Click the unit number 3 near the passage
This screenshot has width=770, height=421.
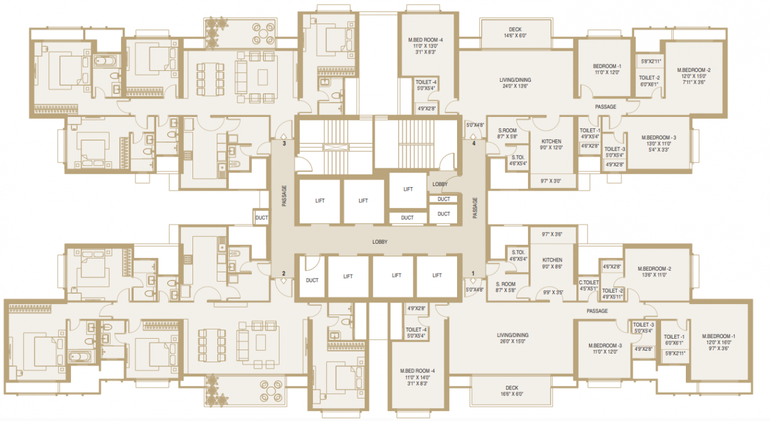point(284,143)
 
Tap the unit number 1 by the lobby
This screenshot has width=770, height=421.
point(474,274)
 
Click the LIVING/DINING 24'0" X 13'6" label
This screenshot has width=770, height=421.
point(515,83)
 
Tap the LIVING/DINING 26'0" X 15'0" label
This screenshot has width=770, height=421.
point(512,338)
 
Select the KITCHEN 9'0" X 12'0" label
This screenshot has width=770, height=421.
point(552,145)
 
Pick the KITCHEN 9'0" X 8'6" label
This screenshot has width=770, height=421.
point(552,263)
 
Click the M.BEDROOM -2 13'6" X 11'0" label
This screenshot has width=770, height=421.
point(654,272)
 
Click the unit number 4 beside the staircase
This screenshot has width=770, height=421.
point(474,143)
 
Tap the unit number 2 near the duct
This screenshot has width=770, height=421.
point(284,274)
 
